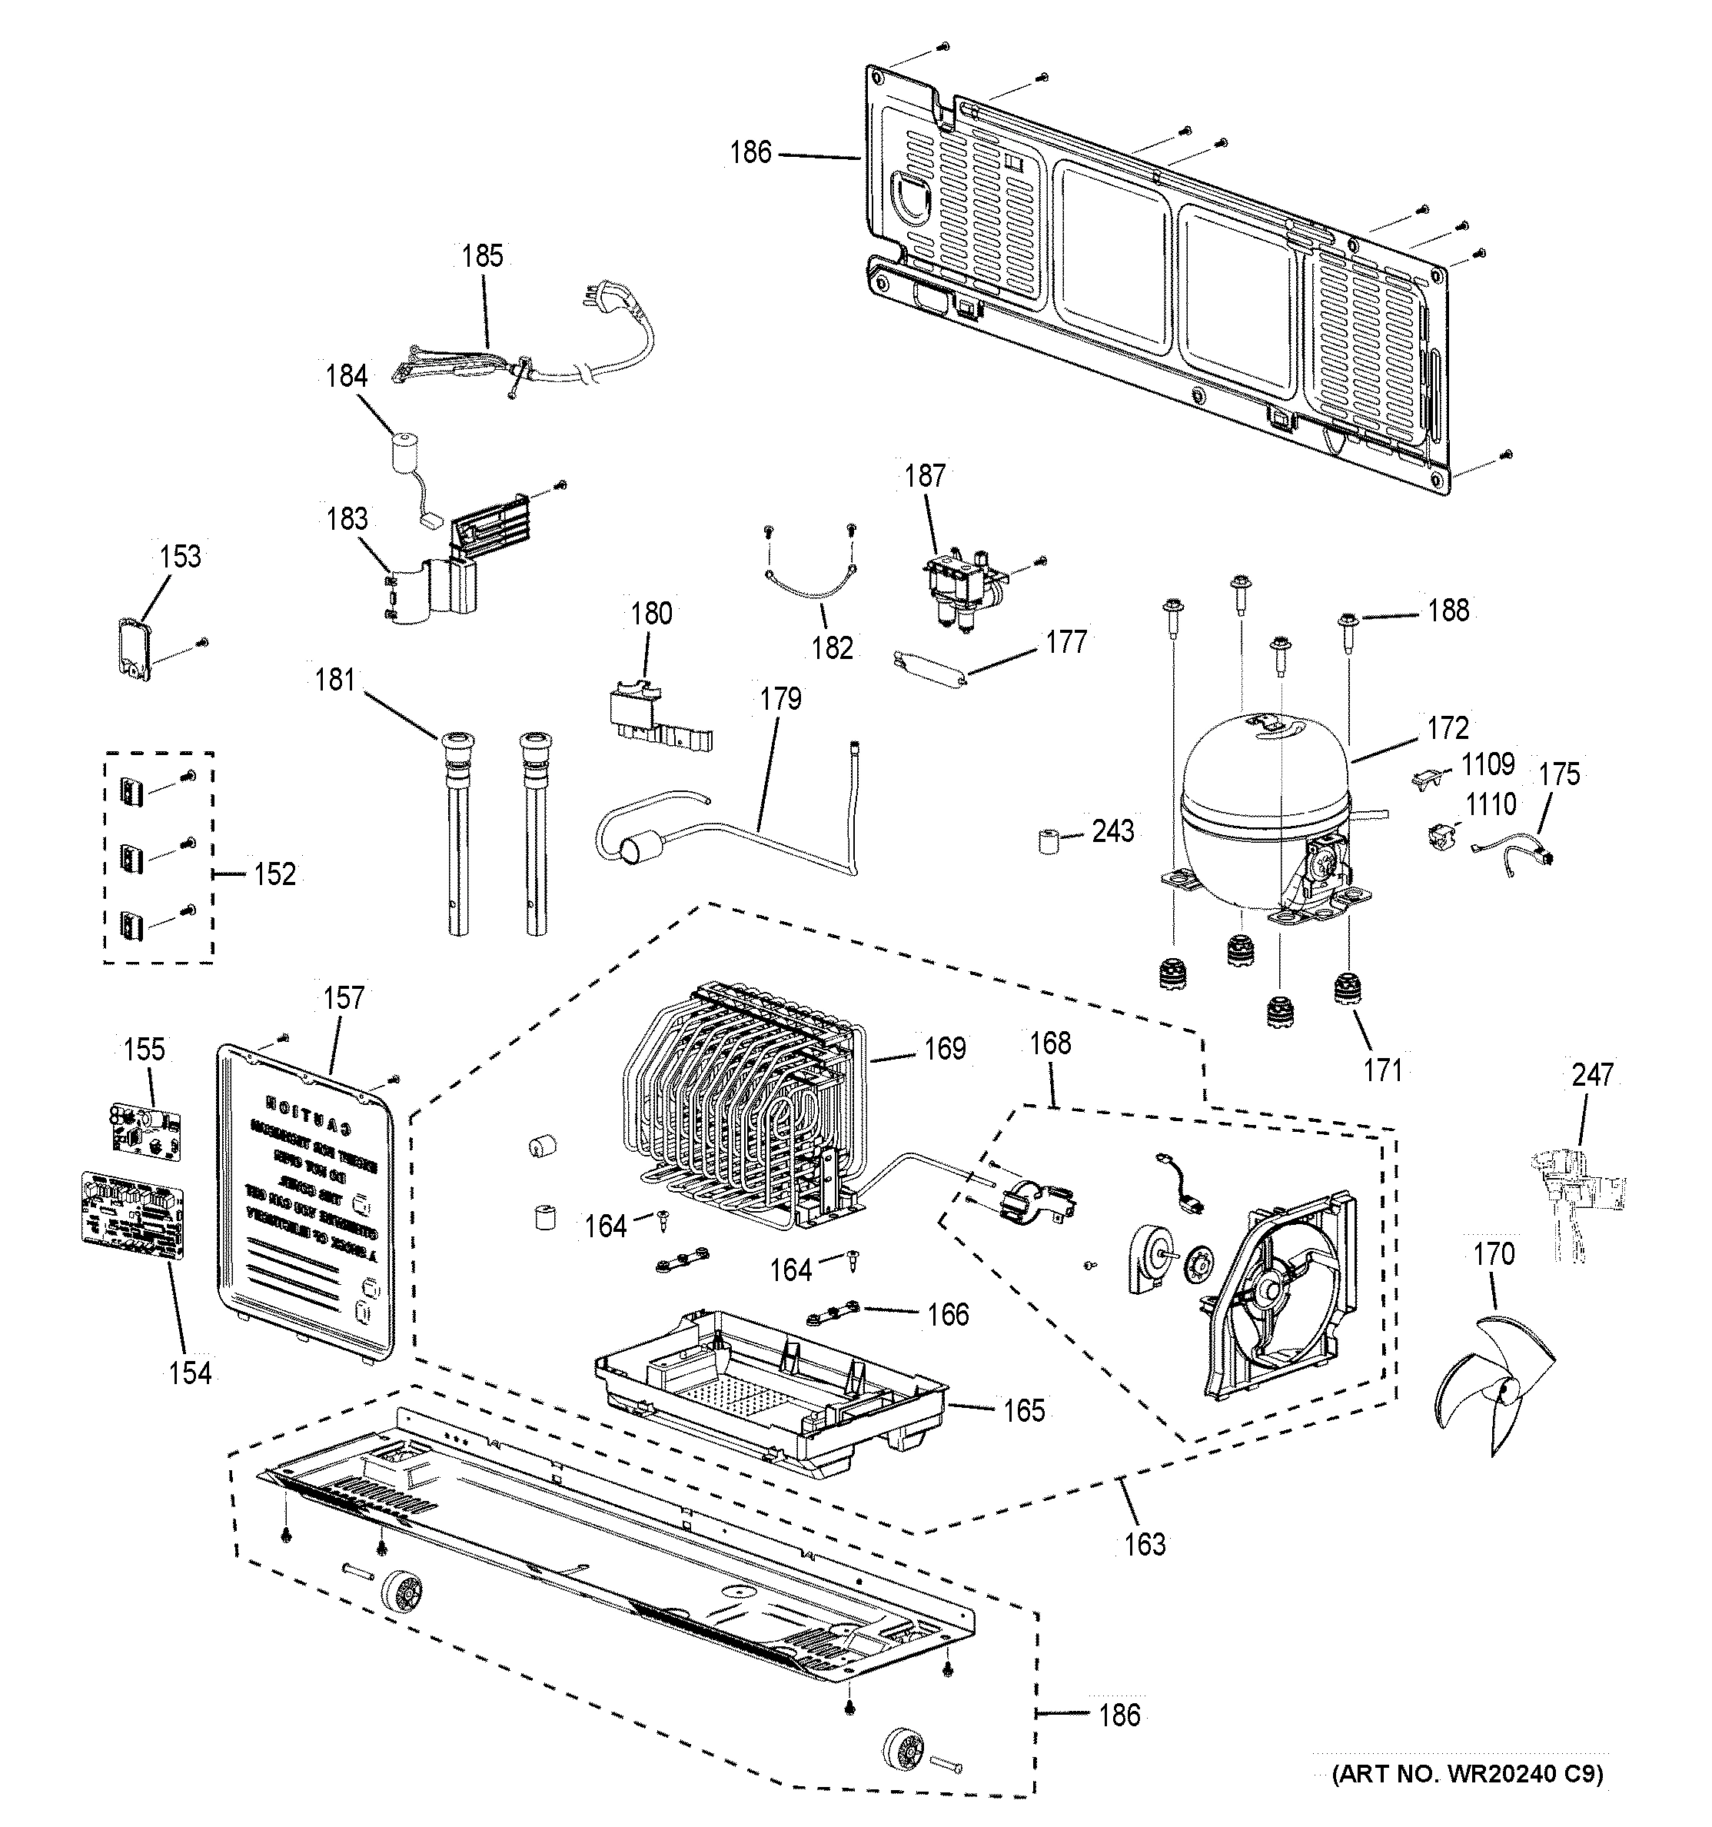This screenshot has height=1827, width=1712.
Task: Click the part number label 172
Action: click(x=1448, y=728)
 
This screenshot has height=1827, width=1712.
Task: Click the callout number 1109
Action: click(x=1488, y=764)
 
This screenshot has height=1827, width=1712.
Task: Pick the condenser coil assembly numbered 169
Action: click(x=744, y=1112)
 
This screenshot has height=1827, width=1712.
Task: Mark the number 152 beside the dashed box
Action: click(x=274, y=874)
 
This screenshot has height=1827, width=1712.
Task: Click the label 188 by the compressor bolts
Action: click(x=1448, y=611)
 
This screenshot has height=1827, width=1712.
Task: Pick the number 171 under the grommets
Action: click(x=1382, y=1070)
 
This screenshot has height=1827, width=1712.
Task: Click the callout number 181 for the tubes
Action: click(x=334, y=679)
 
